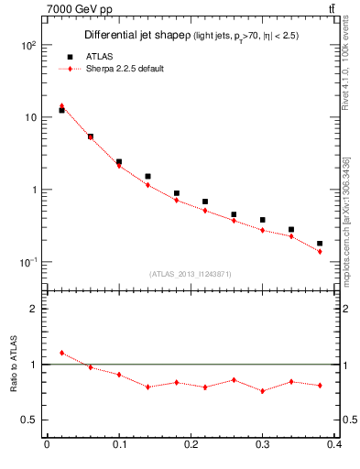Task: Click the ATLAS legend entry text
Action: tap(95, 56)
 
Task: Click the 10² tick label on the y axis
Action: tap(27, 45)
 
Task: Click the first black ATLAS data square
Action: tap(61, 110)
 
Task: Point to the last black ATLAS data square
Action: tap(320, 244)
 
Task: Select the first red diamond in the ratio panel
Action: tap(61, 353)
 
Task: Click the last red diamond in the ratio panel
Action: tap(320, 386)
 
